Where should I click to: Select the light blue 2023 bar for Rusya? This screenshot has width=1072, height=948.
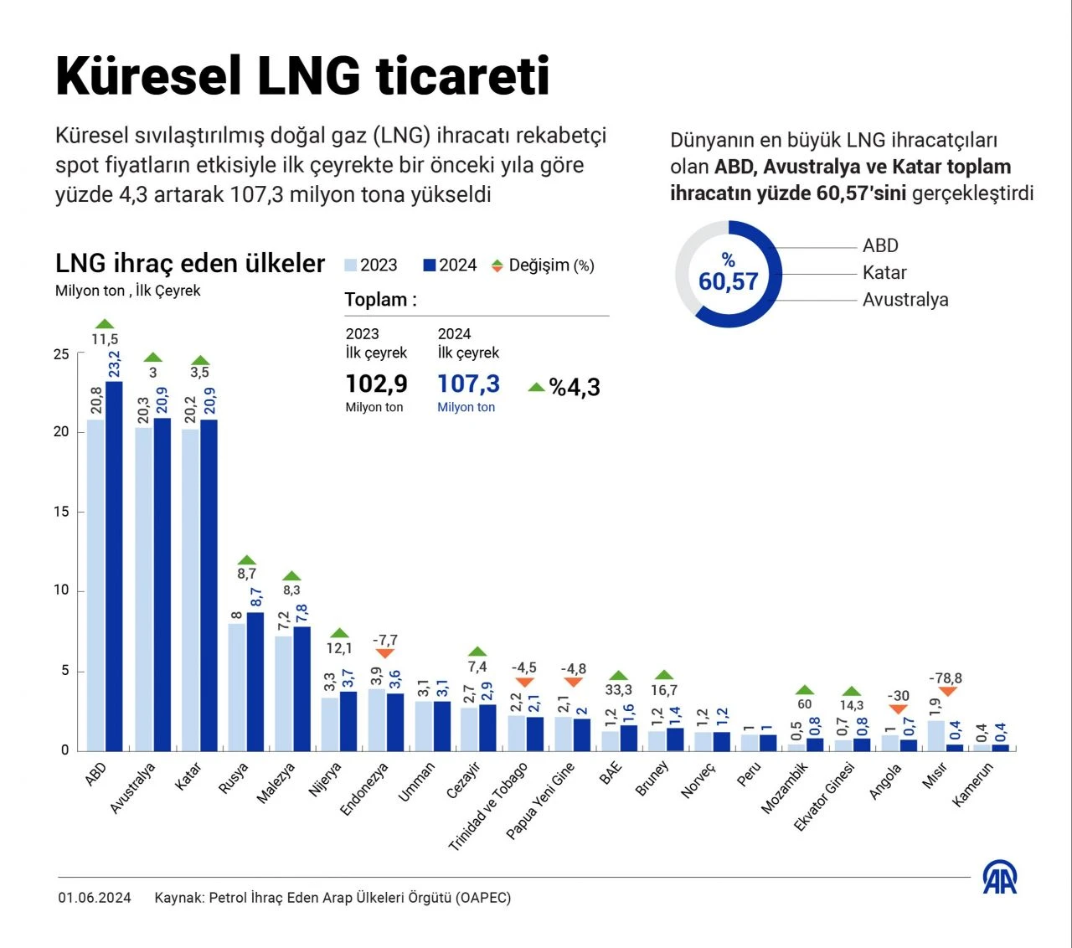[237, 687]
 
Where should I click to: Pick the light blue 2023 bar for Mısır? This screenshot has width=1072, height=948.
[936, 735]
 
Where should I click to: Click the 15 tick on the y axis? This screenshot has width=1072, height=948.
[61, 512]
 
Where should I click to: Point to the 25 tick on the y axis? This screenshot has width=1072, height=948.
[61, 354]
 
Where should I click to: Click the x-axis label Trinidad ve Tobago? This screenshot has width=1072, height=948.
[489, 806]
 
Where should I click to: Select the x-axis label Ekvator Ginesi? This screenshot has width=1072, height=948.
[825, 796]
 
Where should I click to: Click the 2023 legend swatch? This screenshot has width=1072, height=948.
[351, 265]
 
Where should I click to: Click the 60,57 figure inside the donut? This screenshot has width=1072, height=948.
[728, 281]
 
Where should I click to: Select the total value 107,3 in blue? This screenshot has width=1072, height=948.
[468, 384]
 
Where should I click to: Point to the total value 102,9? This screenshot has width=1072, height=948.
[376, 384]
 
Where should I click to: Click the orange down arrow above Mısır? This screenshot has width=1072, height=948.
[947, 692]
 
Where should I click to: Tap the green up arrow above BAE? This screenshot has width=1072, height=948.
[618, 676]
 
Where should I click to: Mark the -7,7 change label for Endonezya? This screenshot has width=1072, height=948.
[385, 640]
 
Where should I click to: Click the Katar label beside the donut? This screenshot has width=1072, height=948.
[884, 273]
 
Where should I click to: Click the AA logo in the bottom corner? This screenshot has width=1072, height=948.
[999, 878]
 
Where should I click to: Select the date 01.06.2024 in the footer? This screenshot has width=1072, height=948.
[95, 898]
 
